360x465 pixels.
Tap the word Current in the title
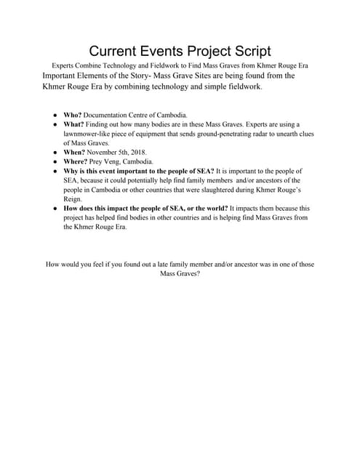pos(115,51)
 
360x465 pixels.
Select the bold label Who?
pos(74,115)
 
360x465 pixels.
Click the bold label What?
pos(76,124)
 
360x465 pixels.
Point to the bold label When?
pos(76,153)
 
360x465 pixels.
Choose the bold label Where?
pos(78,161)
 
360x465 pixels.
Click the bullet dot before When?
pos(55,153)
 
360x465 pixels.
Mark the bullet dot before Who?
pos(55,115)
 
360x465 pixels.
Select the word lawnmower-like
pos(89,134)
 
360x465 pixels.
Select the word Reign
pos(73,198)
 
